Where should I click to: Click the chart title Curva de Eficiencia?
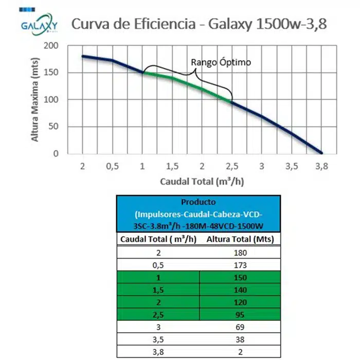pyautogui.click(x=198, y=24)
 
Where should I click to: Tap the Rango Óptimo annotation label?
pyautogui.click(x=221, y=62)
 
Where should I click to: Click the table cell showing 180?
pyautogui.click(x=240, y=253)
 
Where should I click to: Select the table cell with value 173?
pyautogui.click(x=240, y=265)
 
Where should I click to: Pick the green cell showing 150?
pyautogui.click(x=240, y=278)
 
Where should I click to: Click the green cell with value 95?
pyautogui.click(x=240, y=315)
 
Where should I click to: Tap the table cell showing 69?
pyautogui.click(x=240, y=327)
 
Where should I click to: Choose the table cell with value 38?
pyautogui.click(x=240, y=339)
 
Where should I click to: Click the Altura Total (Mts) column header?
pyautogui.click(x=240, y=239)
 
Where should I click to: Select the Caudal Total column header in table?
pyautogui.click(x=158, y=239)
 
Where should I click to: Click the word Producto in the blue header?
pyautogui.click(x=199, y=202)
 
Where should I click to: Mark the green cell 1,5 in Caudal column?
pyautogui.click(x=158, y=290)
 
